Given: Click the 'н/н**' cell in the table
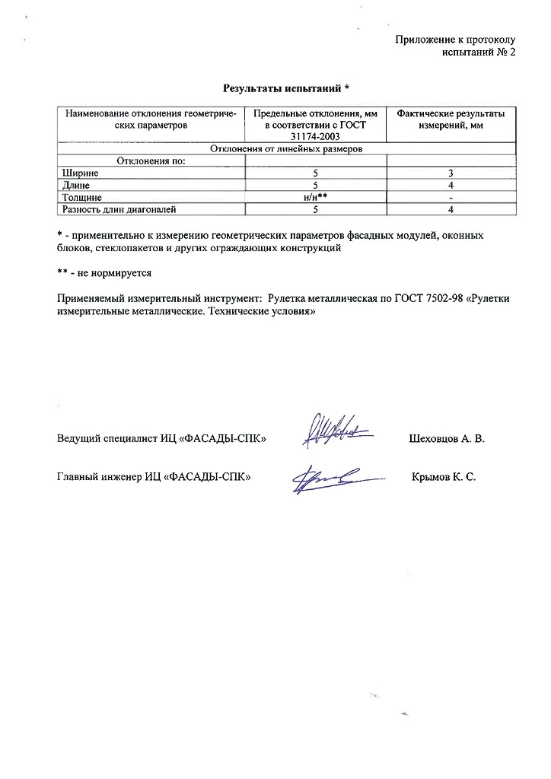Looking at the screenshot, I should pos(314,196).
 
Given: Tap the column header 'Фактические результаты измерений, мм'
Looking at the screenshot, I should pos(451,119).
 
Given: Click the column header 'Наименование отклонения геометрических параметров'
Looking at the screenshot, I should pos(151,119).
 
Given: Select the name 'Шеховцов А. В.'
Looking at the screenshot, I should pos(447,439).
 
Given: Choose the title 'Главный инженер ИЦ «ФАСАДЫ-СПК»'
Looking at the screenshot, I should pos(154,477).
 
